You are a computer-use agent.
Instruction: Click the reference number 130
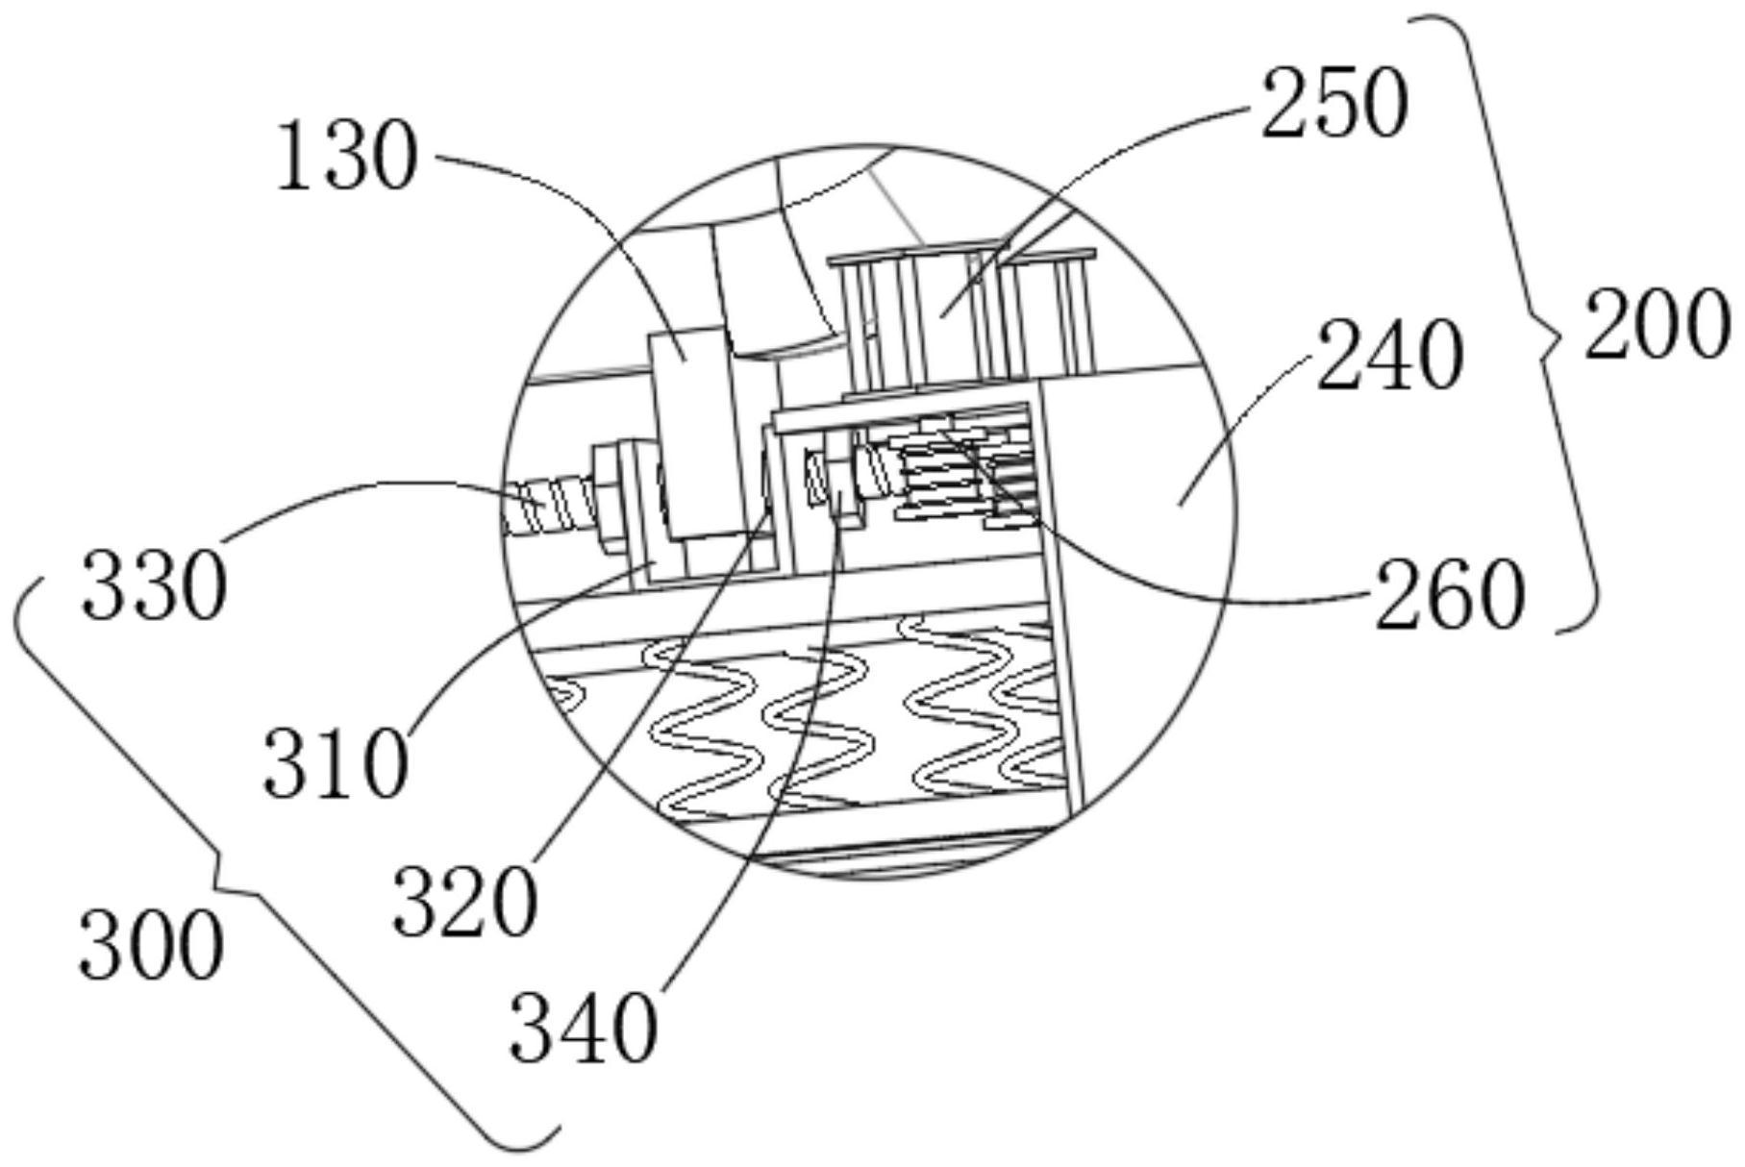(x=347, y=157)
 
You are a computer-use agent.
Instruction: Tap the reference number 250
(x=1334, y=104)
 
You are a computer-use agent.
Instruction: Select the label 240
(x=1388, y=357)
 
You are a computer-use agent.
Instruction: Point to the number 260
(x=1449, y=596)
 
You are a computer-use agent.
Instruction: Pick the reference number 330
(x=154, y=585)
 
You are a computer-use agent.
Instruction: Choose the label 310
(x=336, y=763)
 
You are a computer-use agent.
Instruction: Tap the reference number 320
(x=464, y=902)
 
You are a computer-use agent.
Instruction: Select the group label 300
(x=151, y=946)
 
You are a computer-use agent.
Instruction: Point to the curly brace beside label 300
(x=240, y=865)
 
